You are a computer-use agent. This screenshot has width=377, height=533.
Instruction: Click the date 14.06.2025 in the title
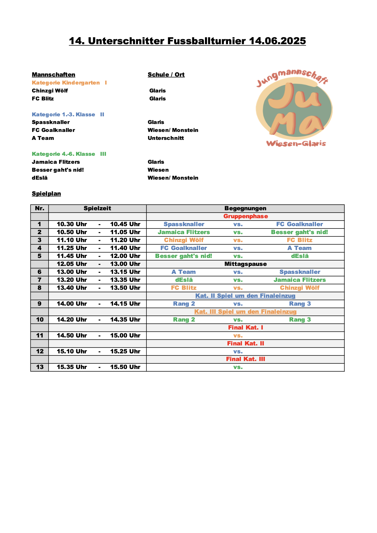[x=277, y=41]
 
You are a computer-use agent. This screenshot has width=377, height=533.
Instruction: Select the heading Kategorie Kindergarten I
[x=69, y=83]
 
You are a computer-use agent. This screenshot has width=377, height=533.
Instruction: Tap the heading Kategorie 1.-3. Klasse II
[x=68, y=115]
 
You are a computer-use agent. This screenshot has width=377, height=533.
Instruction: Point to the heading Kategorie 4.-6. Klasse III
[x=69, y=154]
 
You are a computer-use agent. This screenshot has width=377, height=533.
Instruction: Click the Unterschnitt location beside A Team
[x=166, y=138]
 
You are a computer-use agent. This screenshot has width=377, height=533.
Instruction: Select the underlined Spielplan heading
[x=47, y=193]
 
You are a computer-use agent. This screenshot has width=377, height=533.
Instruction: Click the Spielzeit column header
[x=97, y=208]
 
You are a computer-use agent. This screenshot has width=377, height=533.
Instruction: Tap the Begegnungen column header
[x=245, y=208]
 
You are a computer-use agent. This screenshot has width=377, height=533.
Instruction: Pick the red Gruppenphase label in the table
[x=245, y=216]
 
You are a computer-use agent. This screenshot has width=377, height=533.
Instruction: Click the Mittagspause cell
[x=245, y=264]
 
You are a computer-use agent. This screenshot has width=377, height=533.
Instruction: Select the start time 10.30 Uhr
[x=72, y=224]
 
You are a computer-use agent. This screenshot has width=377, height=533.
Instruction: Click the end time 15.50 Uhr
[x=125, y=367]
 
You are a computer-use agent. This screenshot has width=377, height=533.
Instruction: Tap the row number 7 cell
[x=39, y=280]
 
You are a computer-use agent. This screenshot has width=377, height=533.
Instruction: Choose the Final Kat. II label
[x=245, y=343]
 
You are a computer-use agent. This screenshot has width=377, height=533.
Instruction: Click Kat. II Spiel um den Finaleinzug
[x=245, y=296]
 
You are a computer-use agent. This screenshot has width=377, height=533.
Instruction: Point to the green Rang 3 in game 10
[x=300, y=320]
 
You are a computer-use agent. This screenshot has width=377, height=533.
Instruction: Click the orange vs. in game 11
[x=238, y=336]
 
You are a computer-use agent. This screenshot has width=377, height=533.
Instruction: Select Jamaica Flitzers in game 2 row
[x=184, y=232]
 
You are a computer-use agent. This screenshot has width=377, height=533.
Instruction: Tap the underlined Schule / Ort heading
[x=166, y=75]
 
